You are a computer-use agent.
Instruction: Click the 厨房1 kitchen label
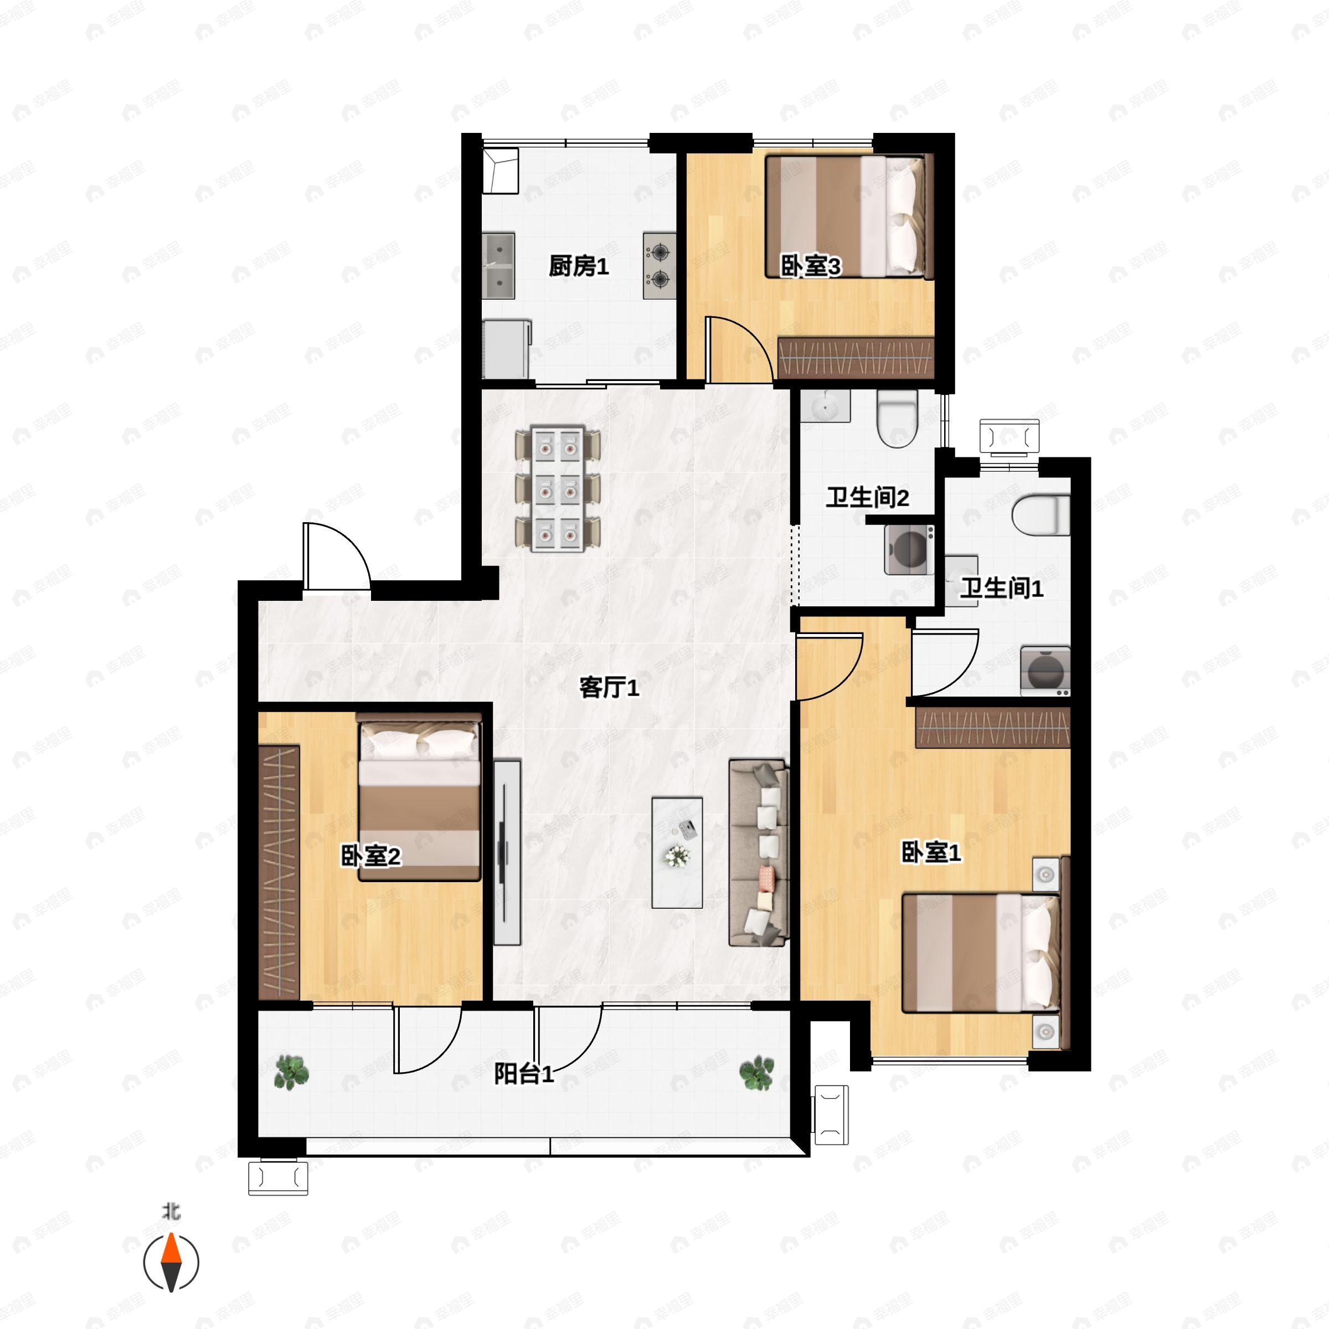pyautogui.click(x=579, y=266)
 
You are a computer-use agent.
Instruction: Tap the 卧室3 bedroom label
pyautogui.click(x=810, y=266)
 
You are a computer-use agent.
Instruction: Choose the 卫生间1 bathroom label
pyautogui.click(x=1002, y=588)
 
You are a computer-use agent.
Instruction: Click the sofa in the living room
pyautogui.click(x=758, y=853)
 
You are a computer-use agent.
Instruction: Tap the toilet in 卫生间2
pyautogui.click(x=897, y=418)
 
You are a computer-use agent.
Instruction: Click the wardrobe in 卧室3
pyautogui.click(x=856, y=358)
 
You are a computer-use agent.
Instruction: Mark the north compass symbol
pyautogui.click(x=171, y=1263)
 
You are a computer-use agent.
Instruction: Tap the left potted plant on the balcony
pyautogui.click(x=292, y=1073)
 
